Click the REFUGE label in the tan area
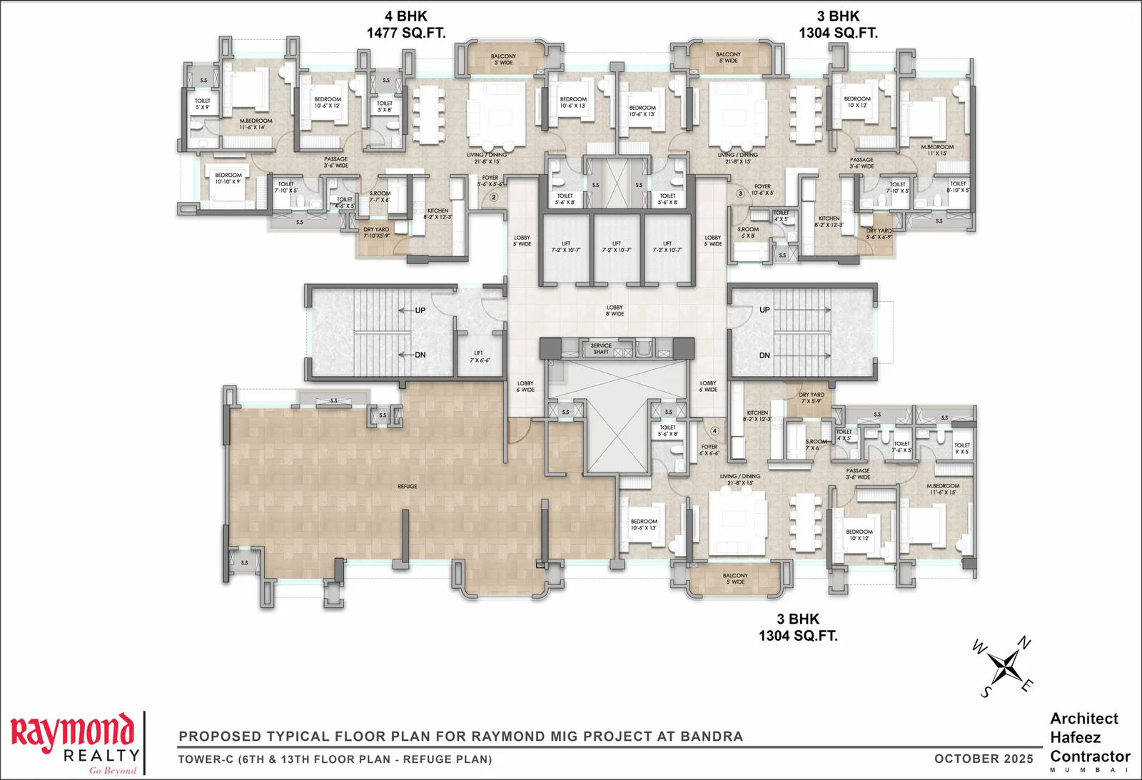tap(407, 487)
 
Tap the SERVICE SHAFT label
tap(601, 348)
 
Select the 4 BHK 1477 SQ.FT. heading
tap(405, 24)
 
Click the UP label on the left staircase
tap(420, 310)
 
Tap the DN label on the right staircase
tap(764, 355)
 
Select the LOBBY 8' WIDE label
tap(615, 310)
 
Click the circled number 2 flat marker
tap(493, 197)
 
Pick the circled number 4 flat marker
tap(714, 431)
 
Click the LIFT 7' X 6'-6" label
tap(479, 356)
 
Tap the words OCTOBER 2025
tap(984, 759)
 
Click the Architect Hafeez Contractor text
tap(1088, 737)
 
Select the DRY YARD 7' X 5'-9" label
tap(812, 397)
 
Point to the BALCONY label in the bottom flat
tap(735, 578)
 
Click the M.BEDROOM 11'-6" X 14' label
tap(256, 123)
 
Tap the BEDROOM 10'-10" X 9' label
tap(228, 178)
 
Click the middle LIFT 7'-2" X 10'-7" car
tap(617, 247)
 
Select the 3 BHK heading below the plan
tap(798, 627)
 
